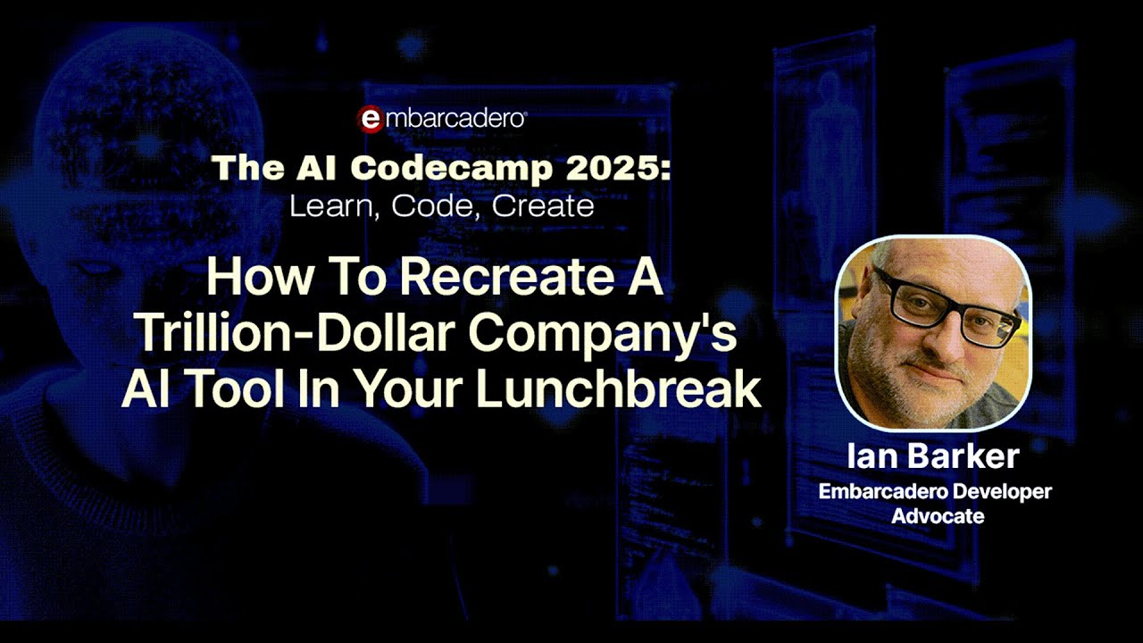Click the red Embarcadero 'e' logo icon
tap(371, 120)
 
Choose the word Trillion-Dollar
tap(296, 334)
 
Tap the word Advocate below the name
tap(938, 516)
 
